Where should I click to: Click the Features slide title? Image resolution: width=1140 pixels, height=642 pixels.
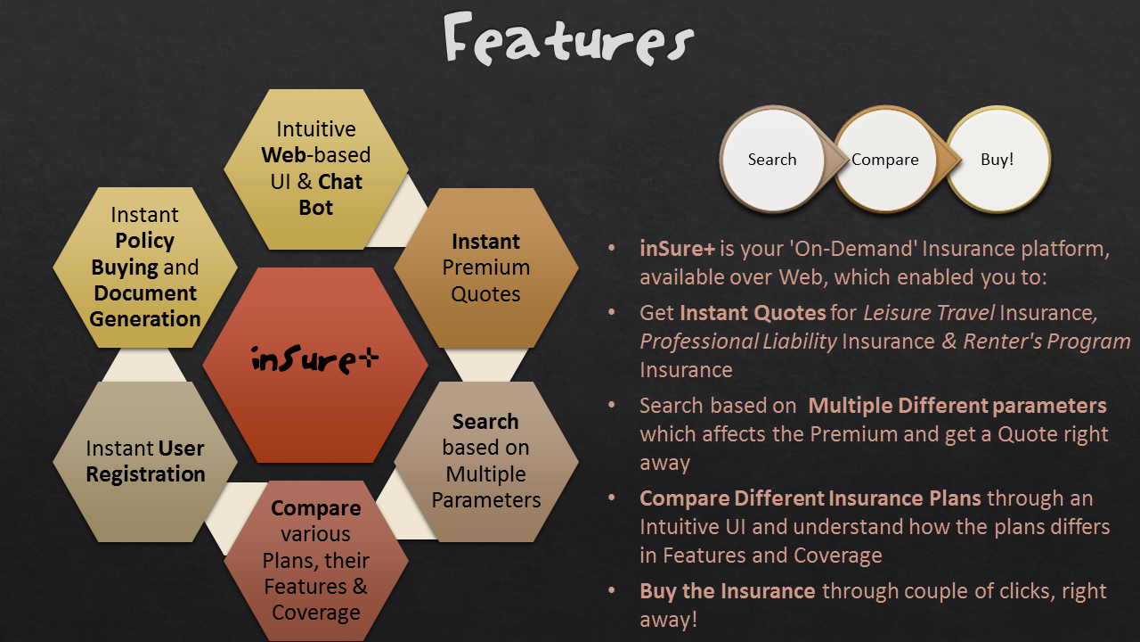click(x=568, y=39)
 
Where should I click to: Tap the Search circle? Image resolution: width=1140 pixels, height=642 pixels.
click(x=772, y=160)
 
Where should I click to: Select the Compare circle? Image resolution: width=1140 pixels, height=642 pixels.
click(x=885, y=160)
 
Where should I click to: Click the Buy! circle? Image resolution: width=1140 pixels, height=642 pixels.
click(x=997, y=160)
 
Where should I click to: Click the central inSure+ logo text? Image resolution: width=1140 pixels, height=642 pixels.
click(x=315, y=359)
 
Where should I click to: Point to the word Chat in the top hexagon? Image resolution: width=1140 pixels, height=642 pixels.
click(x=340, y=182)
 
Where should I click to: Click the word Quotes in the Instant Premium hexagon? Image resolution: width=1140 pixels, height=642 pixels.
click(x=485, y=294)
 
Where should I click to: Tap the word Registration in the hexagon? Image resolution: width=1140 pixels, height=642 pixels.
click(x=145, y=474)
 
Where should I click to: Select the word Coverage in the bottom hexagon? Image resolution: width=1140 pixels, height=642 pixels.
click(x=316, y=613)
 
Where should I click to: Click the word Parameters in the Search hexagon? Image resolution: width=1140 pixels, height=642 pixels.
click(x=486, y=500)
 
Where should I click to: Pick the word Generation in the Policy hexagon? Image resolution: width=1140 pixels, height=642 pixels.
click(x=145, y=319)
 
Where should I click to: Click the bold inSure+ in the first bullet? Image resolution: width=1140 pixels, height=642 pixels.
click(x=678, y=249)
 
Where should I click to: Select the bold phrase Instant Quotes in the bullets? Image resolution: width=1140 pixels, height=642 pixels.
click(x=753, y=313)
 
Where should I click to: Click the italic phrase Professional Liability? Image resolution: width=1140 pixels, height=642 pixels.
click(x=738, y=342)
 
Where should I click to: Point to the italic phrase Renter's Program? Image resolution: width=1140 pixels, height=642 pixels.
click(x=1046, y=342)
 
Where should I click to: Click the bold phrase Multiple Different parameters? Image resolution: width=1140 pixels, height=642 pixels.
click(x=957, y=406)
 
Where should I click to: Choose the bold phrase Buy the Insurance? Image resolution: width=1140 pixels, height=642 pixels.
click(x=728, y=591)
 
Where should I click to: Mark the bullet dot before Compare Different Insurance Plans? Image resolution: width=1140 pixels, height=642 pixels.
click(x=612, y=498)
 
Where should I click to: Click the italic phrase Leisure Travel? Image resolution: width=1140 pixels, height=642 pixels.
click(x=929, y=313)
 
